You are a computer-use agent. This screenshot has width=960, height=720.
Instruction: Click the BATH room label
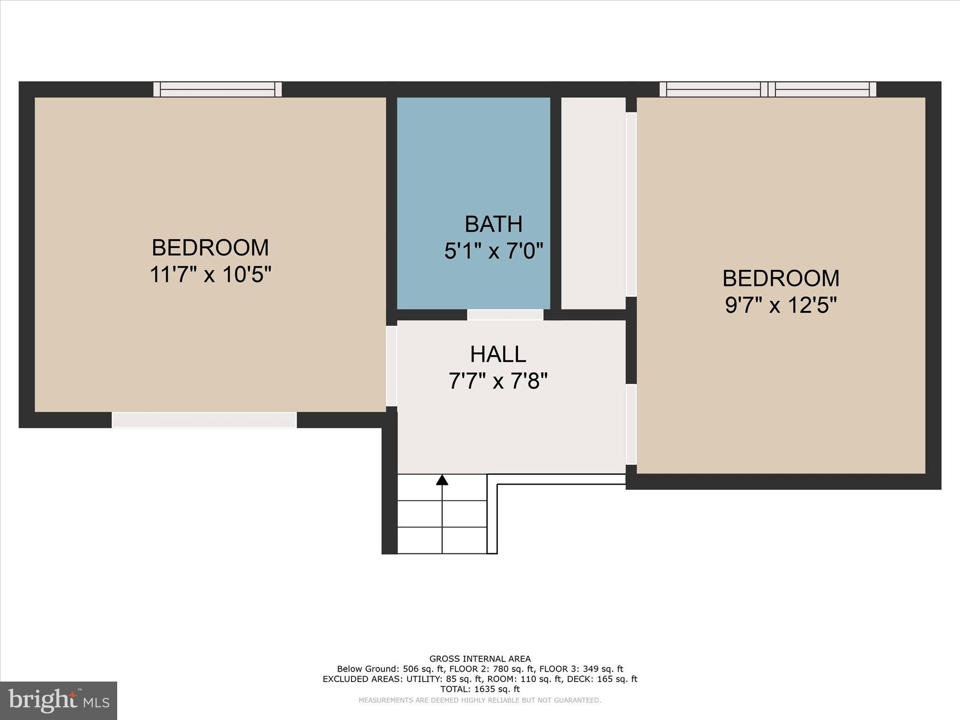[x=493, y=224]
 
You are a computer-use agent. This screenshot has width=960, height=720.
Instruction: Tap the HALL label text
[x=498, y=354]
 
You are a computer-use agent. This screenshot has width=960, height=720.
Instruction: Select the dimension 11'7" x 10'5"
[x=210, y=275]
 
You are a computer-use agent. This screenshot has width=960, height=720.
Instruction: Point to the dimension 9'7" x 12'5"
[x=780, y=306]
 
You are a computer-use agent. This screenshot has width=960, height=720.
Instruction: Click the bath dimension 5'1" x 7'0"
[x=493, y=251]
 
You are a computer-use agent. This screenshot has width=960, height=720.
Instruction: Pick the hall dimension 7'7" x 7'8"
[x=498, y=381]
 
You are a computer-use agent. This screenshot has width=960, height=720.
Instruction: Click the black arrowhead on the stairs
[x=442, y=480]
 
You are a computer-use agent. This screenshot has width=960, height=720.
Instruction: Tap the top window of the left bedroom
[x=217, y=89]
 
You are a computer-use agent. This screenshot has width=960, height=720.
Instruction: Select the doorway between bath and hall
[x=505, y=315]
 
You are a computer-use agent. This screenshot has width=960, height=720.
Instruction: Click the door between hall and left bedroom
[x=391, y=366]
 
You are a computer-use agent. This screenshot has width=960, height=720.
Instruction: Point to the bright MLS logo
[x=59, y=701]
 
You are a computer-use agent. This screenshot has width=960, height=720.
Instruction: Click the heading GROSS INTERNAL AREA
[x=480, y=659]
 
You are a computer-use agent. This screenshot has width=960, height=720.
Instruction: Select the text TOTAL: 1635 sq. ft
[x=480, y=689]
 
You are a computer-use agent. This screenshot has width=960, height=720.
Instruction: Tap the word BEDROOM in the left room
[x=210, y=248]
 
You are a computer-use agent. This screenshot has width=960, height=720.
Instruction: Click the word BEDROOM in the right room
[x=780, y=278]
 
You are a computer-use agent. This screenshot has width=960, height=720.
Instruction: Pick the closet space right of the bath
[x=593, y=203]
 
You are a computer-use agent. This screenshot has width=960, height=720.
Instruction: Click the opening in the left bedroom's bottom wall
[x=204, y=420]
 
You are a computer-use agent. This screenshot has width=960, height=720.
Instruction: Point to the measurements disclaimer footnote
[x=480, y=700]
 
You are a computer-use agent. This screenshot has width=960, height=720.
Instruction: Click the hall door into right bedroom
[x=631, y=424]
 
